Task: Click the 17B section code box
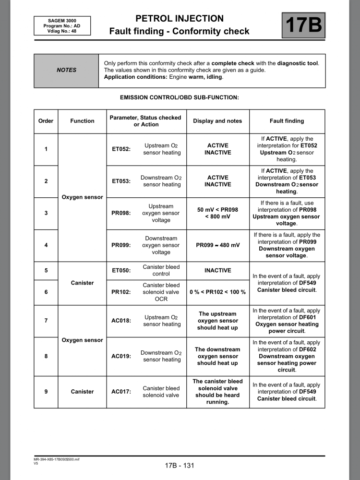click(303, 25)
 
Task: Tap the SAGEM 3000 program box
click(55, 25)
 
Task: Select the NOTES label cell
click(66, 70)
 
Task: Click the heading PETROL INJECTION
click(180, 19)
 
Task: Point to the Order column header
click(46, 121)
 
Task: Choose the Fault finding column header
click(287, 121)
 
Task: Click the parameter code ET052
click(121, 149)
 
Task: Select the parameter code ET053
click(121, 181)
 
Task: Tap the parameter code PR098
click(121, 213)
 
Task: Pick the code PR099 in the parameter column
click(121, 245)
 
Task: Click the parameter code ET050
click(121, 271)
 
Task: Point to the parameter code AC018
click(121, 321)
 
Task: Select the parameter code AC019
click(121, 356)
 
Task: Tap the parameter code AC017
click(121, 392)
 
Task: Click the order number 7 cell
click(46, 321)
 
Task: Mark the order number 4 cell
click(46, 245)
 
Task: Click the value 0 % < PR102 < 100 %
click(217, 292)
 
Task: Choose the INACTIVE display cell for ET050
click(217, 271)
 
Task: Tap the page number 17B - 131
click(180, 465)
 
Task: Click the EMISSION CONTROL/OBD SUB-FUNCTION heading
click(180, 97)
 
